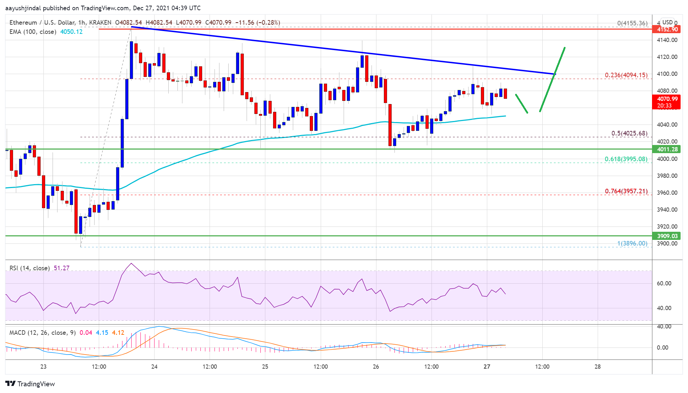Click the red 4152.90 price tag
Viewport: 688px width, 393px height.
pos(667,29)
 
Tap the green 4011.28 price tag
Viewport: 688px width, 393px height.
pos(667,149)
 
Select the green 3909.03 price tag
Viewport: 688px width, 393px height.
pos(667,236)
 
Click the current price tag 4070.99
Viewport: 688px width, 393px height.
pos(667,99)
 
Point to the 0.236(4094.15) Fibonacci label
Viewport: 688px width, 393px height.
pos(626,75)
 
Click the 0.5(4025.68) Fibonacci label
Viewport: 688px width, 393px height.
pos(629,133)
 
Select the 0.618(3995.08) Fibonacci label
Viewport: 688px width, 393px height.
pos(626,159)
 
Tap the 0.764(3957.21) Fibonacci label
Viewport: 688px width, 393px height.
pos(626,191)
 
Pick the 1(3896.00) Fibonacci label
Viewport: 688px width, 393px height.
pos(632,243)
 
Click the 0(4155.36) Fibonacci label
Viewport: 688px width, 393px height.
pos(632,23)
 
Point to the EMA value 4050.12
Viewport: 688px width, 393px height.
pos(71,32)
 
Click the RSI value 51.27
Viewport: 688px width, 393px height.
pos(61,268)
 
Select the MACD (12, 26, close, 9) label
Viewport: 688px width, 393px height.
pos(42,333)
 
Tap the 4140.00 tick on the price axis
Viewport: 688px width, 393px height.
pos(667,40)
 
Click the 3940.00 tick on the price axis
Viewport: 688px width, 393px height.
pos(667,210)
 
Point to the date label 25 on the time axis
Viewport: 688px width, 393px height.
pos(265,367)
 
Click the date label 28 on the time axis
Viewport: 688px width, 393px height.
pos(597,367)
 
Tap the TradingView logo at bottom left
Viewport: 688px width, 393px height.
pos(30,384)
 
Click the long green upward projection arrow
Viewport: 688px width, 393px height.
pos(553,79)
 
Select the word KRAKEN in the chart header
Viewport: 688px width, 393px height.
pos(100,23)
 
